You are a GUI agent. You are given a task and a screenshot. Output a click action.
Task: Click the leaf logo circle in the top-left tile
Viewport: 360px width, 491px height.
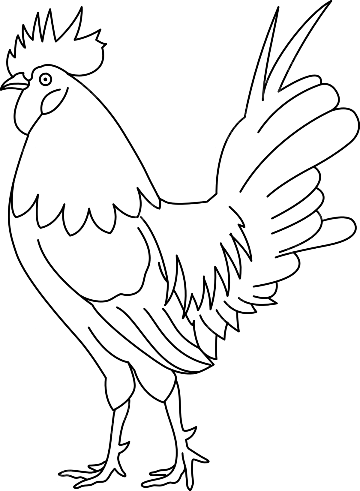[x=90, y=90]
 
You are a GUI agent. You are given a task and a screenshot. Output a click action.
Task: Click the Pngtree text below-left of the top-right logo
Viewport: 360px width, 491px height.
[x=227, y=132]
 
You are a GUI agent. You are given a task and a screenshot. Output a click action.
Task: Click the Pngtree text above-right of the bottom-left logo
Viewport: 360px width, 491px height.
[x=131, y=409]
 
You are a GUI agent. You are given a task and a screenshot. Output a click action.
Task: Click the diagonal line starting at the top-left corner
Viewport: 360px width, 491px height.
[x=39, y=39]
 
